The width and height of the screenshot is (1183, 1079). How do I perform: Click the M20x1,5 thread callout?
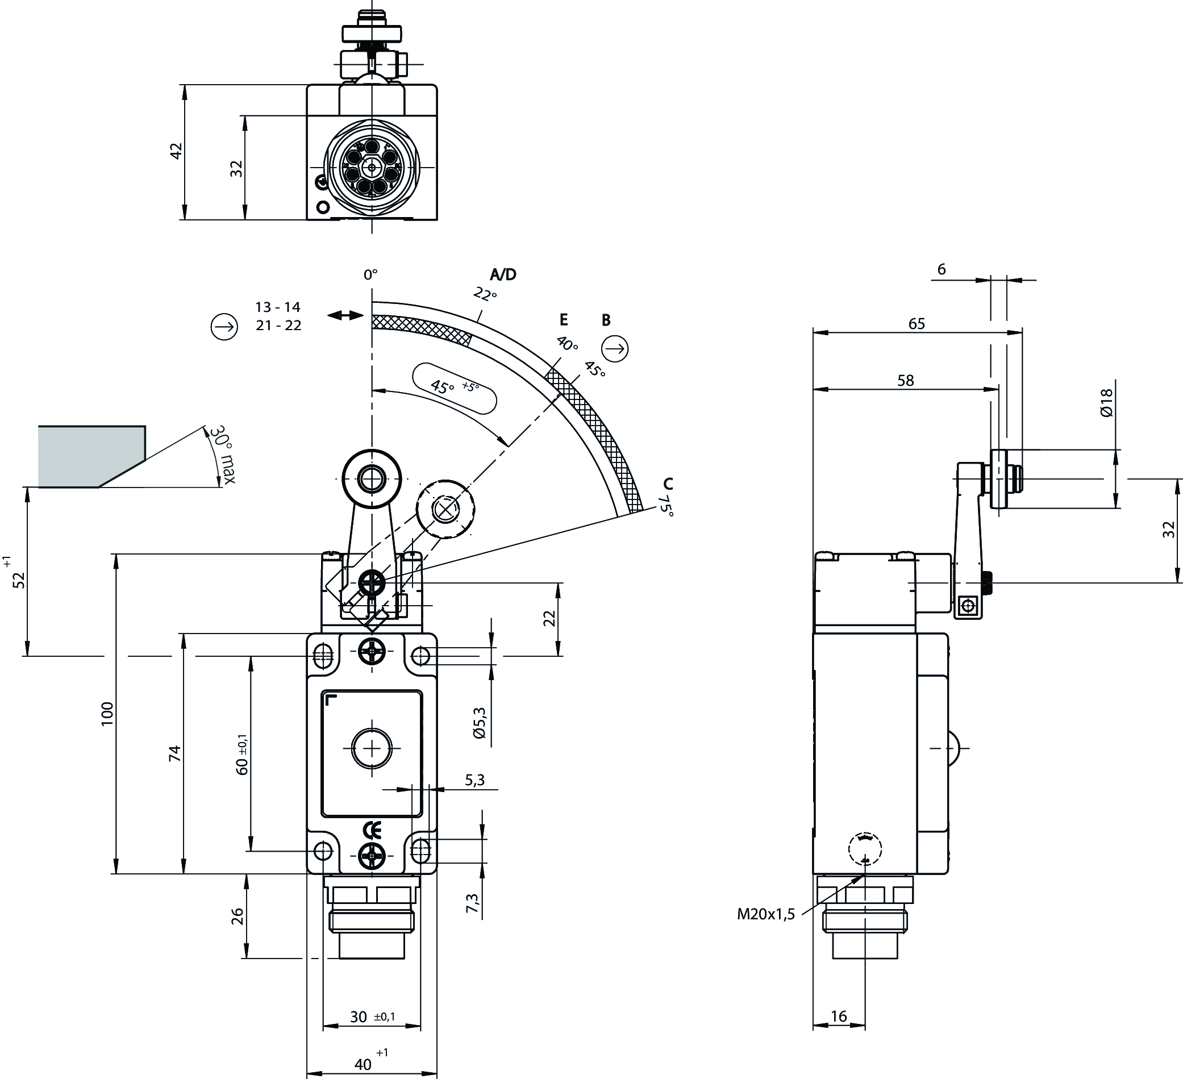[x=766, y=914]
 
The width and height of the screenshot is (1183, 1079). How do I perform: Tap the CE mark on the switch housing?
[x=372, y=830]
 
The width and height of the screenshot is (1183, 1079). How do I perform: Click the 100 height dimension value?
[x=107, y=714]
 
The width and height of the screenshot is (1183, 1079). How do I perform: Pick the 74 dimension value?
[x=174, y=753]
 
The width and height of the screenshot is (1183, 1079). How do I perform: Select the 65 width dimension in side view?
[x=916, y=324]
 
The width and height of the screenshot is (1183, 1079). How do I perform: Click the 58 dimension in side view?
[x=906, y=381]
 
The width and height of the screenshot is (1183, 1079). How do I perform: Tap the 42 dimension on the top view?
[x=176, y=151]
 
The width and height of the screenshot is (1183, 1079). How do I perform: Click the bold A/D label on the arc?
[x=503, y=274]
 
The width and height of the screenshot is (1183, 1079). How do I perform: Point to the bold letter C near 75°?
[x=668, y=484]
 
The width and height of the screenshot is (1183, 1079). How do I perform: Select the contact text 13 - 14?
[x=277, y=307]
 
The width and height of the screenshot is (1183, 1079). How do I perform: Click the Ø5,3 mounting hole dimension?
[x=480, y=723]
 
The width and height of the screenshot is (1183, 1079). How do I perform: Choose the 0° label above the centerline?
[x=370, y=274]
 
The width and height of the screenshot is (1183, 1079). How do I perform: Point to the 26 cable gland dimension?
[x=237, y=916]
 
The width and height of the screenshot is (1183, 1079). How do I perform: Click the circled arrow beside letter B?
[x=615, y=348]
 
